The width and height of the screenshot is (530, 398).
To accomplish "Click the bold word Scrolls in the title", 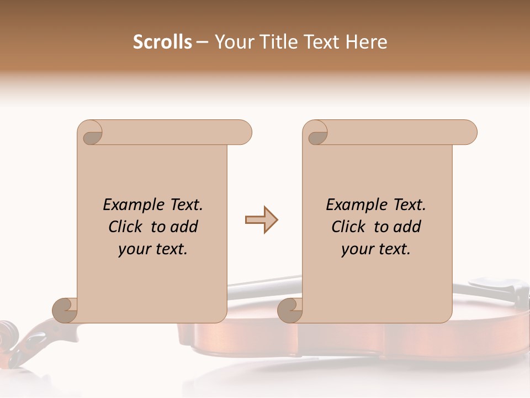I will click(162, 42).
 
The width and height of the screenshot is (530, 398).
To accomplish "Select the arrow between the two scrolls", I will click(261, 220).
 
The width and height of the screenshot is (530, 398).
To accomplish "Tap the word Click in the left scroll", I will click(128, 227).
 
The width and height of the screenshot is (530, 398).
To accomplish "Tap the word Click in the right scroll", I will click(351, 227).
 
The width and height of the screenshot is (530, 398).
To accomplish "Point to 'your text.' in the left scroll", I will click(153, 249).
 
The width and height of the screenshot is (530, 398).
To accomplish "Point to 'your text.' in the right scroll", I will click(376, 249).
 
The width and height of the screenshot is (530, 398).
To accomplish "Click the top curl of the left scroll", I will click(91, 133).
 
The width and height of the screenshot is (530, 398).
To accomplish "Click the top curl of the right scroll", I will click(316, 133).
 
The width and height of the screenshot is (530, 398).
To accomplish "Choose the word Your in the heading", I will click(233, 42).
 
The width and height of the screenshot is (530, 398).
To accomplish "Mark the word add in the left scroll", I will click(184, 227).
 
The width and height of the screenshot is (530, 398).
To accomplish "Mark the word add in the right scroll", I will click(407, 227).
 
